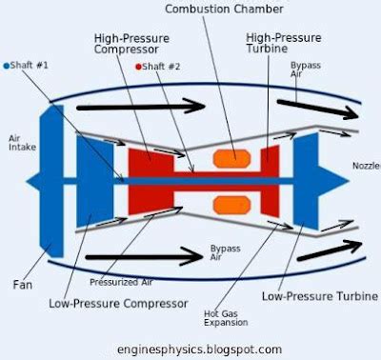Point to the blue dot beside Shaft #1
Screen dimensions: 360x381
pos(6,66)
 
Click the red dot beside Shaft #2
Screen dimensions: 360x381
pos(139,67)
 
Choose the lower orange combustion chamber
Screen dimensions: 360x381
pos(231,203)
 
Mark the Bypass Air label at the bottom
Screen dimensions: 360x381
pos(225,252)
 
